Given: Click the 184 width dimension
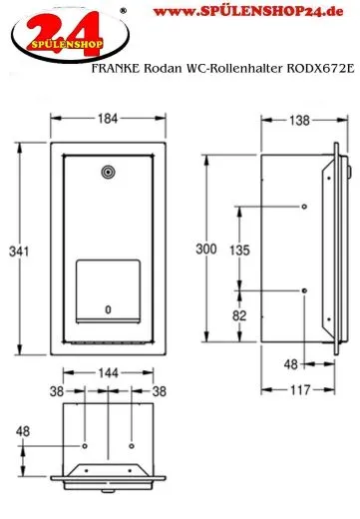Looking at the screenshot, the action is pos(108,119).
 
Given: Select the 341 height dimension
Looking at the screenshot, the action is pos(19,252).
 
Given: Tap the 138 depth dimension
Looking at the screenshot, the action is pos(299,120).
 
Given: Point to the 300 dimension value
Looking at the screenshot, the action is pos(206,249).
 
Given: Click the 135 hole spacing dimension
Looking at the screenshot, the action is pos(239,251).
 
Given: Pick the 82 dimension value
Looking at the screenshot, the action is pos(239,315).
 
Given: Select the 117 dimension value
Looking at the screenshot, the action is pos(300,390).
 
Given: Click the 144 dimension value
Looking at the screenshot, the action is pos(109,373).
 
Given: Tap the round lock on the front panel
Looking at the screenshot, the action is pos(108,172).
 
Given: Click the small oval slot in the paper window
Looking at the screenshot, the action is pos(108,309).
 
